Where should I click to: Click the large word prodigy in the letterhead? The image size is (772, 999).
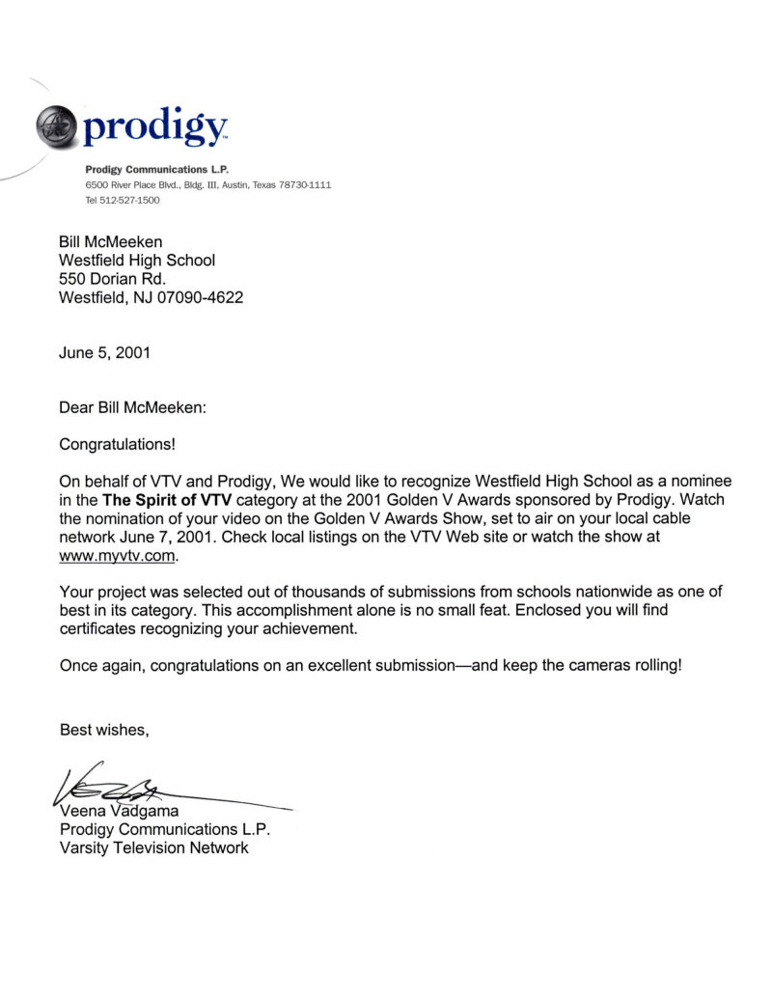[x=154, y=126]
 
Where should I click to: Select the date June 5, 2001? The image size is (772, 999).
[x=104, y=353]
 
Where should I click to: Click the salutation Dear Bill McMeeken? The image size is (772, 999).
[x=133, y=408]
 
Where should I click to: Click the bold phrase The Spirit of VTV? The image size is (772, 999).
[x=167, y=500]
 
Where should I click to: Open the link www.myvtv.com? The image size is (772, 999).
[x=119, y=556]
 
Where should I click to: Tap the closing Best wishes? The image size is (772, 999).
[x=104, y=729]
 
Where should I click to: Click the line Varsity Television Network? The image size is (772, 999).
[x=153, y=847]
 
